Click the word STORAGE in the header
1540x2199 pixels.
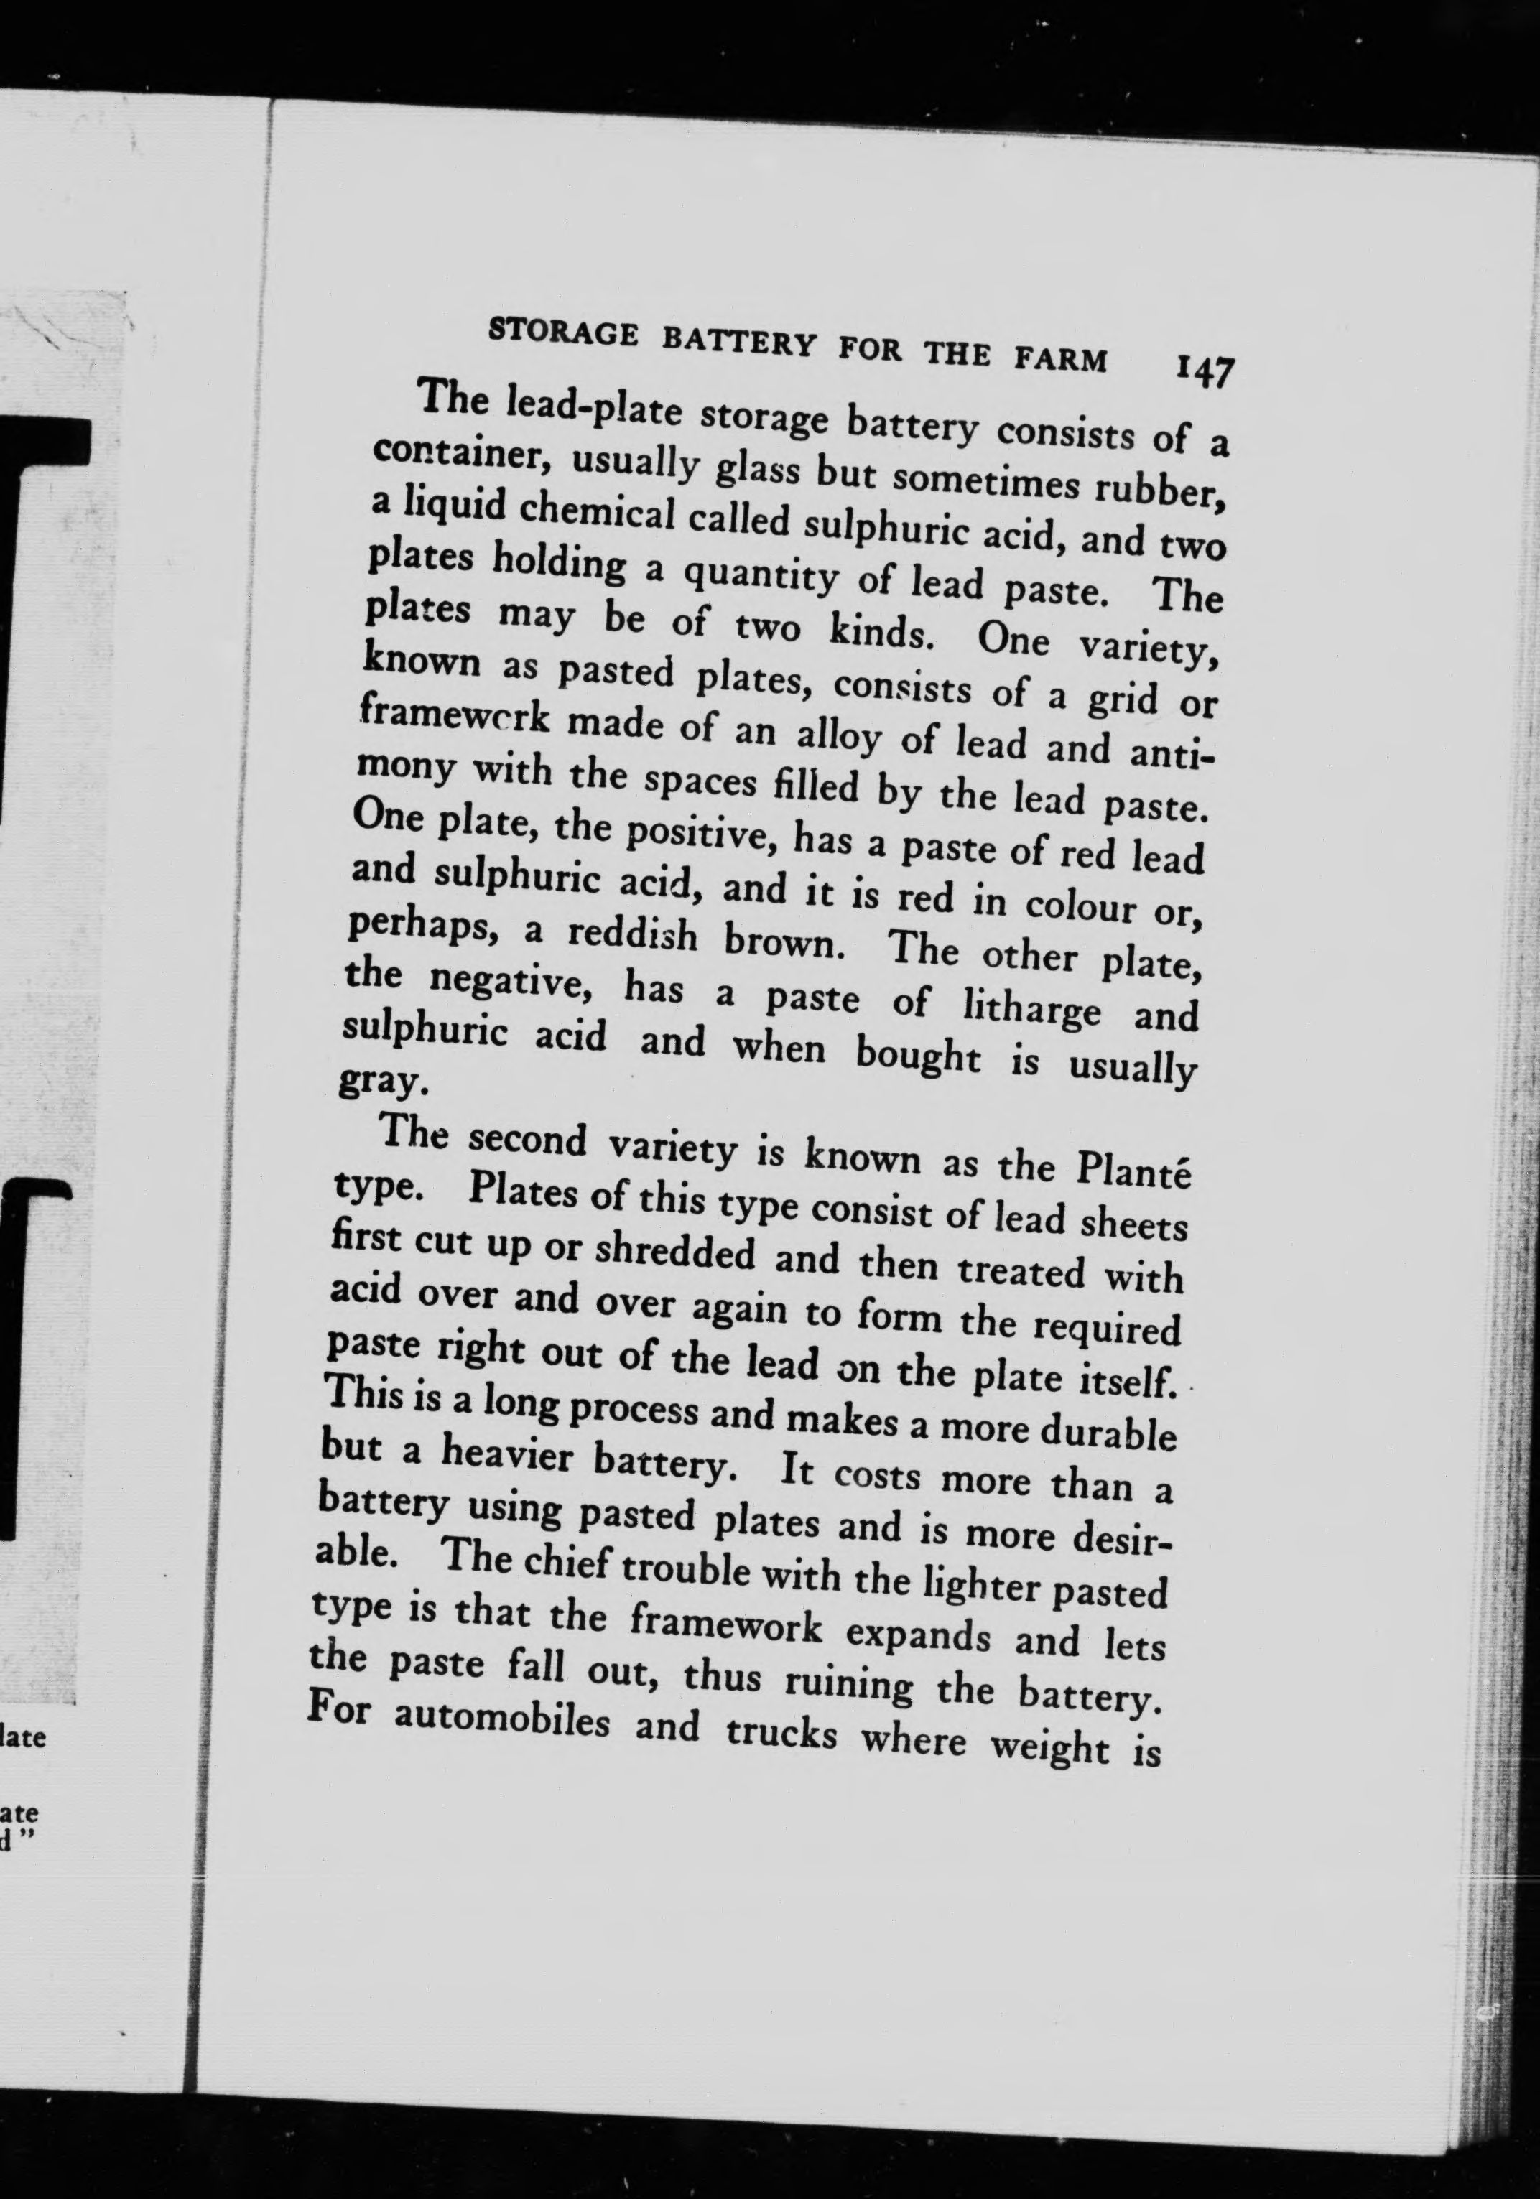point(562,333)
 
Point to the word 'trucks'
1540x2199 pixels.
point(781,1731)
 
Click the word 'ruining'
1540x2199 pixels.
point(848,1683)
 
